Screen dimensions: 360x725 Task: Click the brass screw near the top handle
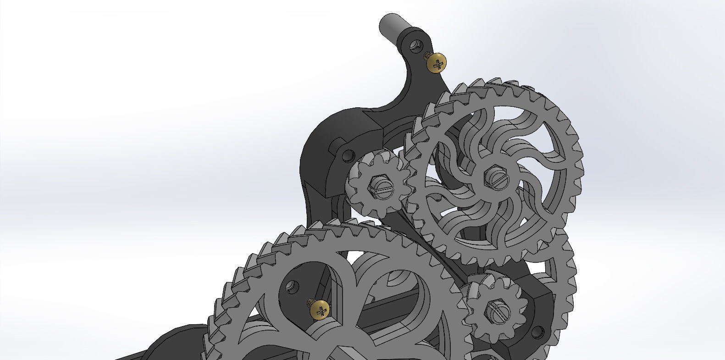pos(436,63)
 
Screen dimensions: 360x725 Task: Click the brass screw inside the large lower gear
pos(320,310)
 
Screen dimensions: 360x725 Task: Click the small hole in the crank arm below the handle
pos(415,45)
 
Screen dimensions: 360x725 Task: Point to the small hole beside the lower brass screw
pos(290,288)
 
